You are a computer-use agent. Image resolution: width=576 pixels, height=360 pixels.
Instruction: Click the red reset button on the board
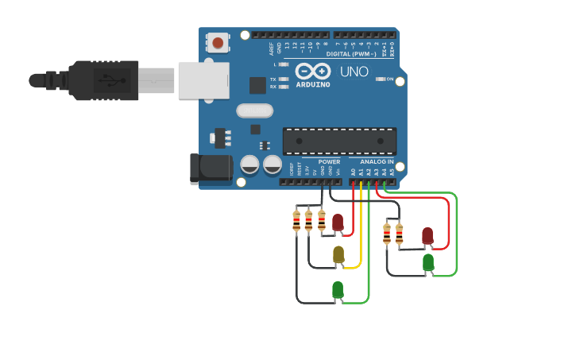218,43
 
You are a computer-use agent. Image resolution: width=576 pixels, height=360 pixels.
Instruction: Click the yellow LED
338,254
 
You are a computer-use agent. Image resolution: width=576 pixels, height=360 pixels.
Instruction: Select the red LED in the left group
338,223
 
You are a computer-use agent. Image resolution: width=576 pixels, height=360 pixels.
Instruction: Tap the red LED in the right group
427,235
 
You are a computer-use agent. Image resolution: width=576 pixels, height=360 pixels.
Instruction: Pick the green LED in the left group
338,289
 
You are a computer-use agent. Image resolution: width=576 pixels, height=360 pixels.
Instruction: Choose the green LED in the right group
428,261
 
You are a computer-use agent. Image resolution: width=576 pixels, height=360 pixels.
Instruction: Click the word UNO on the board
354,72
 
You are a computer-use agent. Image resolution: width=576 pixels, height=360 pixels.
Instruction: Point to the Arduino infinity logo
312,71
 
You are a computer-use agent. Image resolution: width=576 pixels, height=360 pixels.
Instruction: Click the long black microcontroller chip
339,141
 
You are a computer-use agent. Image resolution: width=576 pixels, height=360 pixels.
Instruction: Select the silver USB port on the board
203,80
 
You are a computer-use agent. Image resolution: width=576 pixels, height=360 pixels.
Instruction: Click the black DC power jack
211,167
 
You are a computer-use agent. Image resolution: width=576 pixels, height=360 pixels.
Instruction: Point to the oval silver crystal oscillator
254,110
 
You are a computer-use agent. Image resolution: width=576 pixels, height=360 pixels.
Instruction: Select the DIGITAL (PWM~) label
350,53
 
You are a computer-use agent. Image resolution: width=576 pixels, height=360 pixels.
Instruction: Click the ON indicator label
389,79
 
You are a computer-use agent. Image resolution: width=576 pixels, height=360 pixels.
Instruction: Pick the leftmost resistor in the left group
296,220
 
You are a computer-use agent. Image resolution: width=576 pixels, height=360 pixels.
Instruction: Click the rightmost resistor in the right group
399,233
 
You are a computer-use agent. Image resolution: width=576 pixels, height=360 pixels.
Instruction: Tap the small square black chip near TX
257,85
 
